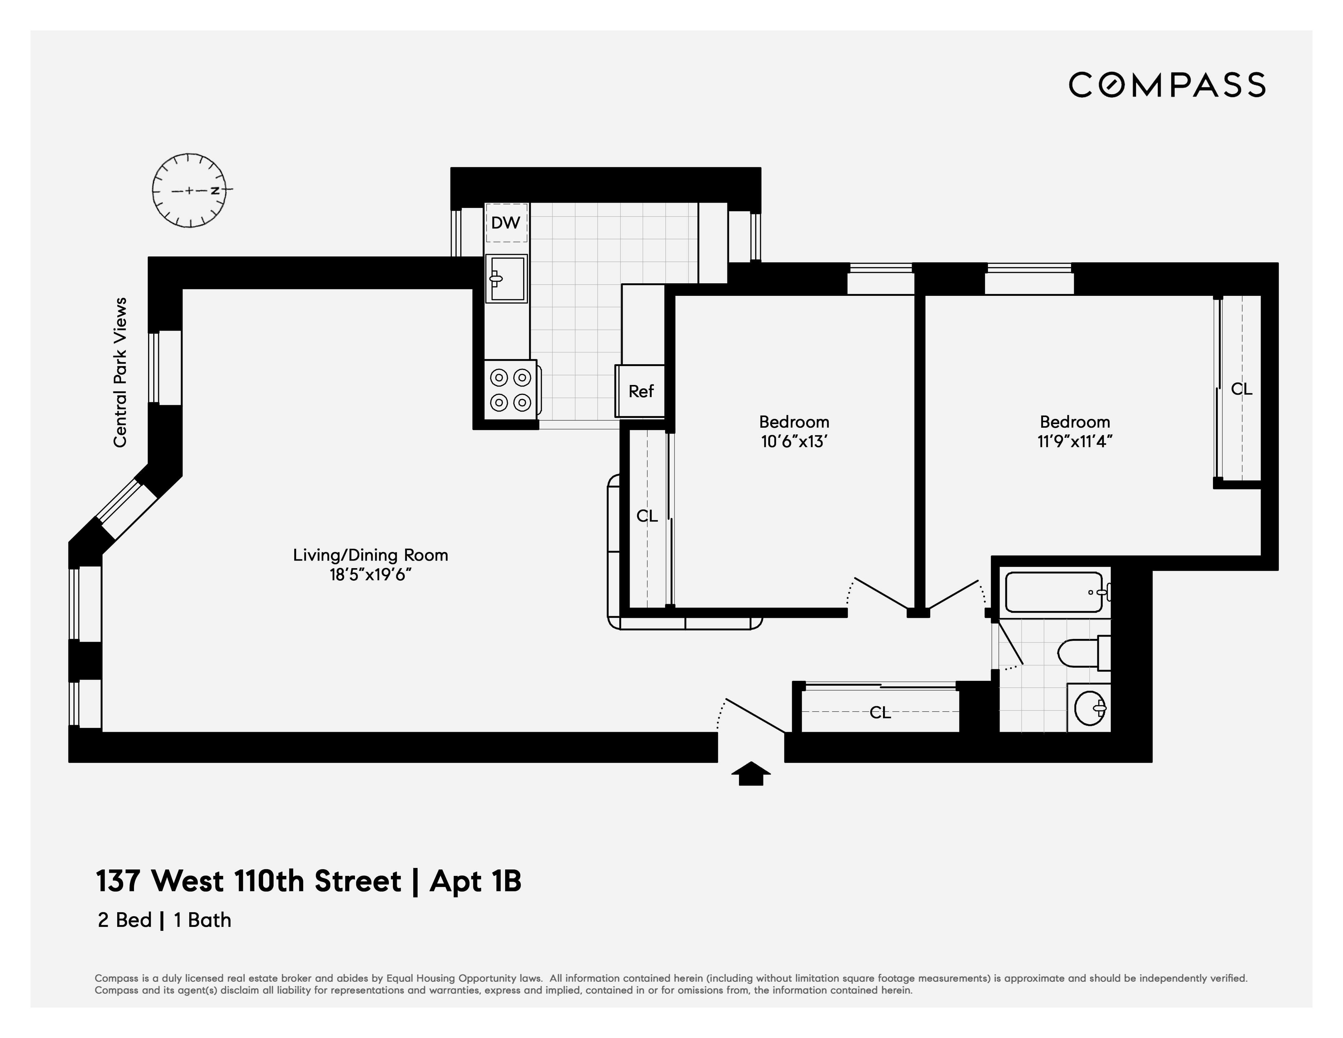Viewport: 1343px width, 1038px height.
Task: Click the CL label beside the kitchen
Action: pos(647,516)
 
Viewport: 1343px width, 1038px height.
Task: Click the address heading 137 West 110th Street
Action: pos(248,881)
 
